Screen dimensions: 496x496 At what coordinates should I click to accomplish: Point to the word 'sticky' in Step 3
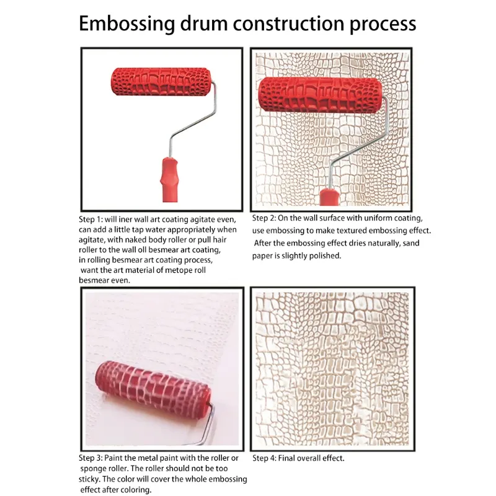(x=92, y=479)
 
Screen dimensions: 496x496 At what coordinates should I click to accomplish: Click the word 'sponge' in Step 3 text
(x=94, y=469)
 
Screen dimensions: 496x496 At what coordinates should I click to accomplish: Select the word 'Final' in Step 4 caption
(x=293, y=459)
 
